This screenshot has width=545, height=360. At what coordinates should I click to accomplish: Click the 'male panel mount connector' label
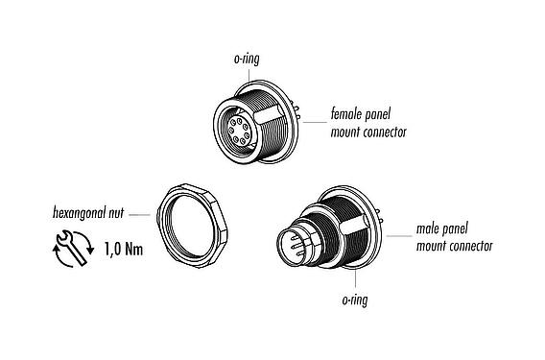click(454, 239)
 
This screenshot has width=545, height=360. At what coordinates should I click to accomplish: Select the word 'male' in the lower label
click(429, 231)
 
